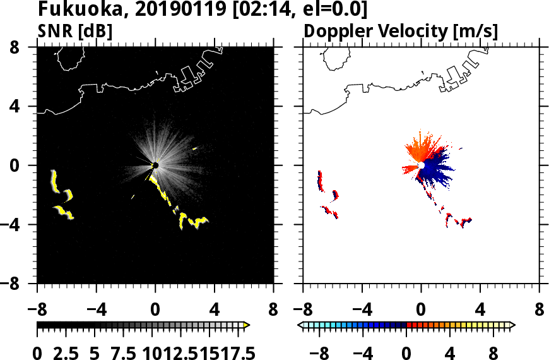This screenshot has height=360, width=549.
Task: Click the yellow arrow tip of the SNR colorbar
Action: [247, 325]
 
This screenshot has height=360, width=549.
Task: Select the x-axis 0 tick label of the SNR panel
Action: [155, 311]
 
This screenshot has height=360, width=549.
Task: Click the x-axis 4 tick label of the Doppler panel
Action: [480, 311]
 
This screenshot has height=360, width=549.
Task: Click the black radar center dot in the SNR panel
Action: [155, 165]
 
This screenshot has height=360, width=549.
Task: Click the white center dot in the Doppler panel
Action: [421, 165]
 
